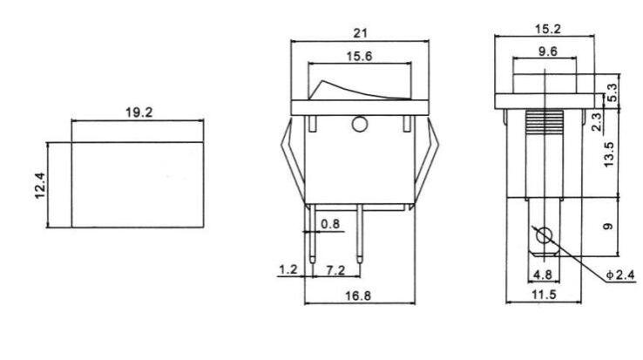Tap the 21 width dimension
point(360,32)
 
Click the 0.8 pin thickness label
point(330,224)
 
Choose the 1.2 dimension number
point(287,270)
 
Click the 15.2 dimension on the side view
point(546,29)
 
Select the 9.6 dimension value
point(548,51)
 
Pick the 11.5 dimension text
point(544,296)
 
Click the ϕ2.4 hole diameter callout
point(619,275)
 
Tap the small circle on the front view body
point(358,125)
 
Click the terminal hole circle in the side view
point(544,235)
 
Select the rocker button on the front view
point(358,88)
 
